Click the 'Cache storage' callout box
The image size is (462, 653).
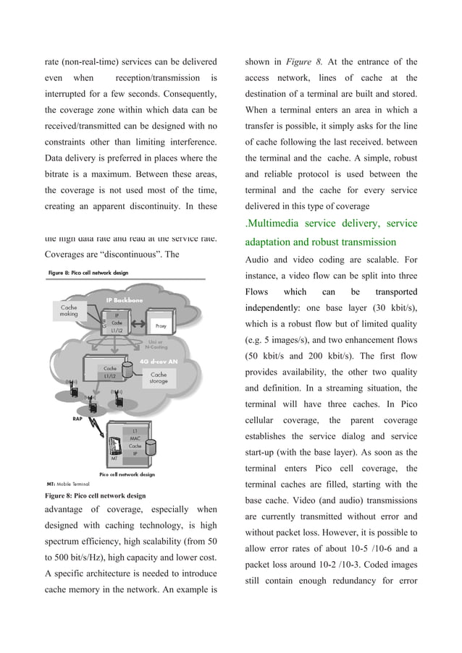[159, 378]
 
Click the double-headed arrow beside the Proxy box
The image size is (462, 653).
[140, 325]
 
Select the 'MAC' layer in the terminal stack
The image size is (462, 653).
[134, 438]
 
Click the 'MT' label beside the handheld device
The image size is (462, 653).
[114, 458]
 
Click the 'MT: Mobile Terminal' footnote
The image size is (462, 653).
[70, 482]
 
